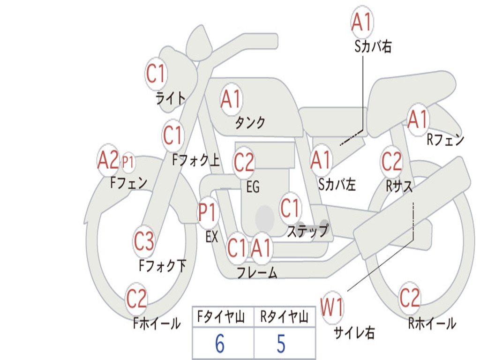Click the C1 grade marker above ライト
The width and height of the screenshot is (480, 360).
(x=157, y=74)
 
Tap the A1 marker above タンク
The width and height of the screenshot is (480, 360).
(x=231, y=99)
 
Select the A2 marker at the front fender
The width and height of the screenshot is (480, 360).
(x=108, y=161)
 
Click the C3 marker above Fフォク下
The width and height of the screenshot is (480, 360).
(x=144, y=241)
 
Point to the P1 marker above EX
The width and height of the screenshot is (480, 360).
(x=208, y=213)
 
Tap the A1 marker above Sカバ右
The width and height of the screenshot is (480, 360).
(x=362, y=22)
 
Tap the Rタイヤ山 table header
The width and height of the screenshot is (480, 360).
(x=284, y=318)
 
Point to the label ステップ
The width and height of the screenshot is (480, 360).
(x=307, y=231)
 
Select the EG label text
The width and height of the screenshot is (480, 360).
(x=253, y=187)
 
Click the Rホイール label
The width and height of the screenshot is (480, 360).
(x=432, y=323)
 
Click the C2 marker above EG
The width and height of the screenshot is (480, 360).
(x=244, y=162)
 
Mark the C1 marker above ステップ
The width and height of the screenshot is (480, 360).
(x=291, y=208)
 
